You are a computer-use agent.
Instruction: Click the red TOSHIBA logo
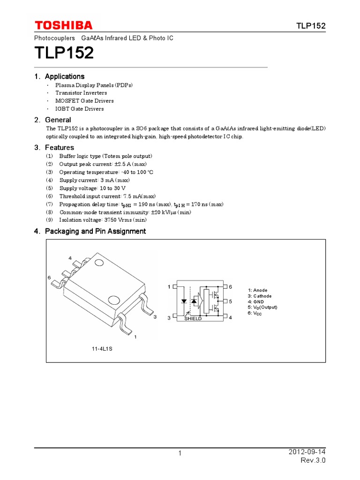click(63, 25)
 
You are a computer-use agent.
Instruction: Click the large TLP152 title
click(64, 53)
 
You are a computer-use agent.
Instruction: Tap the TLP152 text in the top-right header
click(311, 26)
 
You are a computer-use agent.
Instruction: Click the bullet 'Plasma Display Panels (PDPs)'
click(94, 85)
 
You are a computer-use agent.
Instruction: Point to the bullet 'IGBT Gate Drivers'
click(79, 109)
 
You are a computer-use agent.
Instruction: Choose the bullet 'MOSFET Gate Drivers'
click(84, 101)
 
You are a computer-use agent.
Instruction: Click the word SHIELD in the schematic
click(193, 319)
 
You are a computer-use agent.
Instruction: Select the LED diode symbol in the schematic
click(185, 301)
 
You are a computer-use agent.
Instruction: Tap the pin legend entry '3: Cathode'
click(259, 296)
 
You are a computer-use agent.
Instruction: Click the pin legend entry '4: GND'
click(255, 302)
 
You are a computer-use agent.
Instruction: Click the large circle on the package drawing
click(114, 300)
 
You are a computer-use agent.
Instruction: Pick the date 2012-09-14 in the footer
click(307, 451)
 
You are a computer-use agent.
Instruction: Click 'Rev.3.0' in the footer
click(313, 460)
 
